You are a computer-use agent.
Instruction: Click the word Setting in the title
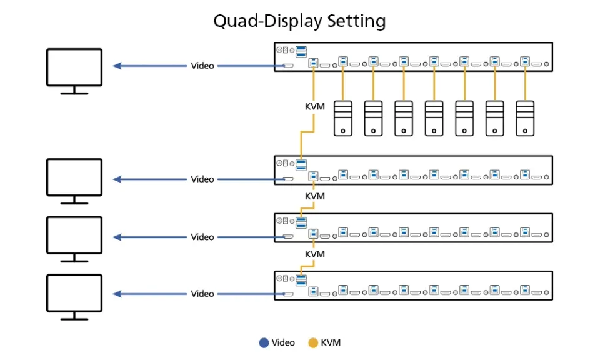click(x=356, y=21)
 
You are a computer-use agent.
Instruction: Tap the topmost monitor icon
click(x=74, y=71)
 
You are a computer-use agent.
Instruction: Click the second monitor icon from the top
click(x=74, y=181)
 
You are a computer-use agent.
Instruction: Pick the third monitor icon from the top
click(x=74, y=239)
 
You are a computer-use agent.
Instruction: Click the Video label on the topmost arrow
click(x=202, y=66)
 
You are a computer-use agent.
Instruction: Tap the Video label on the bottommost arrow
click(x=202, y=294)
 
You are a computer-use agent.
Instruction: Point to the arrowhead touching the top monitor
click(x=117, y=66)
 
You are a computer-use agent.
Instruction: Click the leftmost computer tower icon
click(x=343, y=118)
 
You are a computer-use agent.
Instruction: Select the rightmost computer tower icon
click(x=525, y=118)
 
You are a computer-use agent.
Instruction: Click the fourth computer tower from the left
click(x=434, y=118)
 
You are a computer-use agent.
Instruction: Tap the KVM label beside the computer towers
click(x=315, y=107)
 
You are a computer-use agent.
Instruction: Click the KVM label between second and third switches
click(x=315, y=196)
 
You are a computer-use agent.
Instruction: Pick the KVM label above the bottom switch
click(x=315, y=254)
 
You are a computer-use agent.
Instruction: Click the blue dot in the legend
click(x=264, y=342)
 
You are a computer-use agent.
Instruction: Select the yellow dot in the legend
click(x=313, y=342)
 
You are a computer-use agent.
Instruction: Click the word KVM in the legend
click(x=331, y=342)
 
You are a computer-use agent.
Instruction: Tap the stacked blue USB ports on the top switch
click(x=301, y=52)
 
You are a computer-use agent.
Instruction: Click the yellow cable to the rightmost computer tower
click(x=525, y=82)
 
